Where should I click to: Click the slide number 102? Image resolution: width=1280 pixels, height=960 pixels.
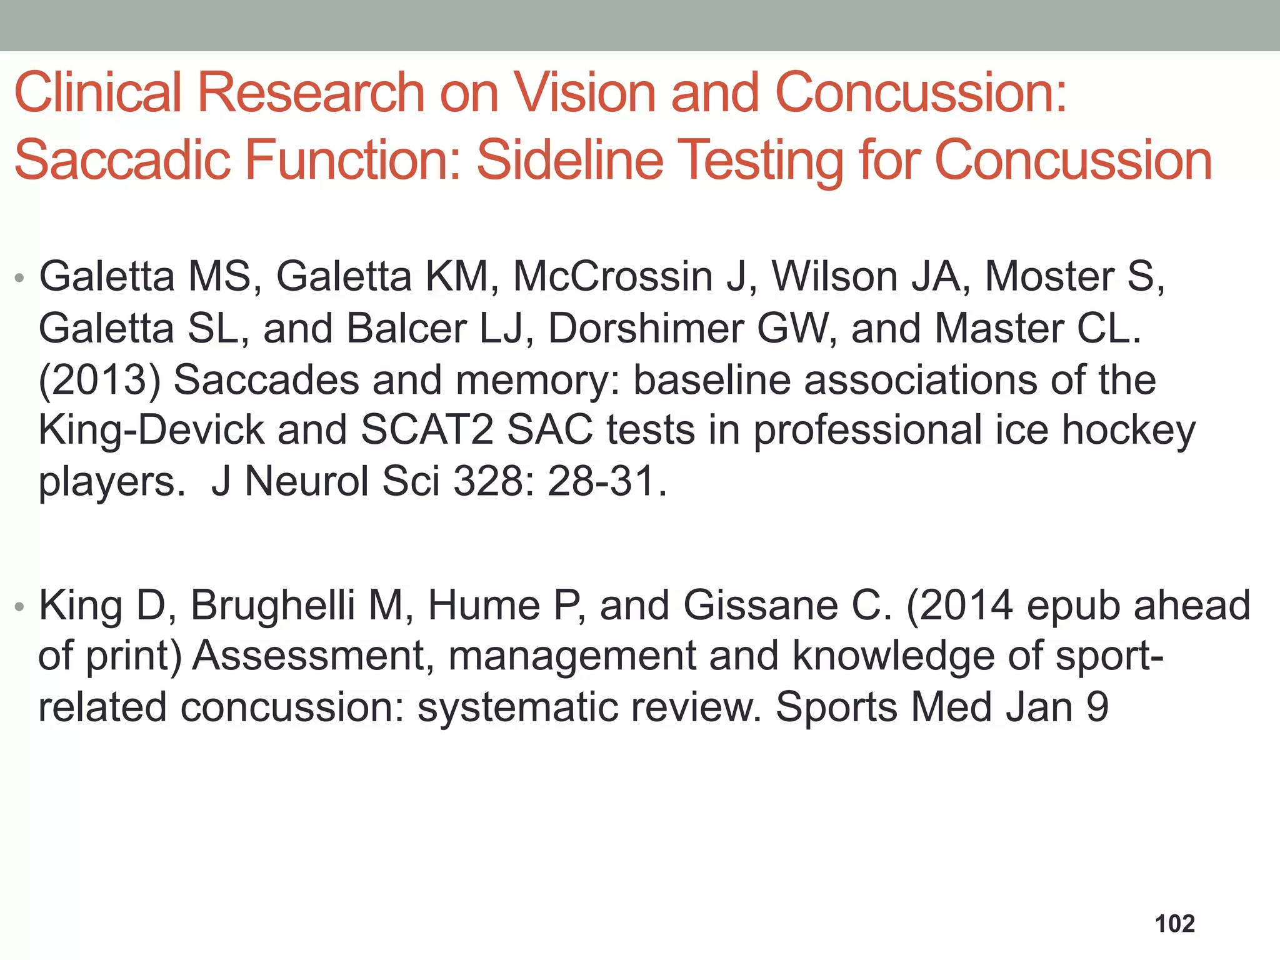tap(1174, 924)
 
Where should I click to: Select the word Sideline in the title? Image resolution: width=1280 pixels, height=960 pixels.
tap(569, 160)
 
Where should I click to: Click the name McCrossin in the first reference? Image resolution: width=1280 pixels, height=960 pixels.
tap(612, 276)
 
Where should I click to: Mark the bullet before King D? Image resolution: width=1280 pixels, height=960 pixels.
tap(19, 606)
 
